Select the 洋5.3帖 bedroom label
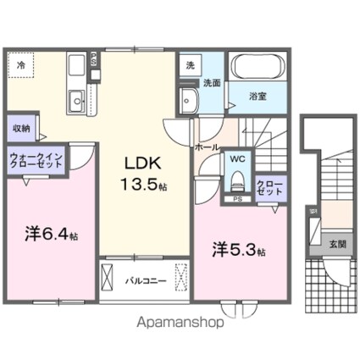tap(239, 251)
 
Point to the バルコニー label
tap(140, 277)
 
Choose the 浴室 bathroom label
tap(258, 97)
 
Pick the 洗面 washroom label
tap(212, 83)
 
